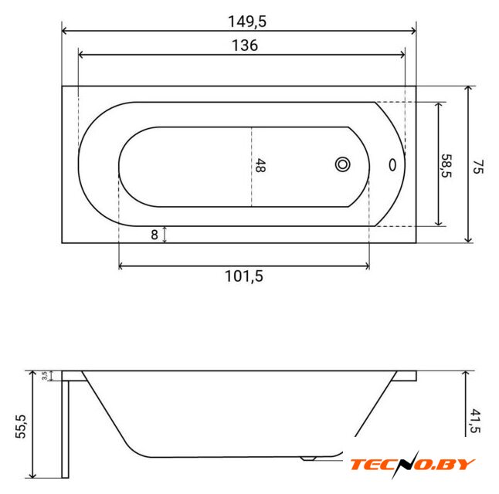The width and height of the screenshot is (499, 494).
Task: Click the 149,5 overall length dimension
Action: point(247,22)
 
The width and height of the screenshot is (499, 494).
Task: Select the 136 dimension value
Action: point(244,46)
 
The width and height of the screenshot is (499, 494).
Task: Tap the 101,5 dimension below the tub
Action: point(244,276)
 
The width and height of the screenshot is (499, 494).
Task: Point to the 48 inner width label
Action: point(260,165)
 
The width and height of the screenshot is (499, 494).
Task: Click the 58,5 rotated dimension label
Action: point(446,166)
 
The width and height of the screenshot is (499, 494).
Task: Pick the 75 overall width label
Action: point(477,167)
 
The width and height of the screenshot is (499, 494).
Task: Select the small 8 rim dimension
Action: point(154,235)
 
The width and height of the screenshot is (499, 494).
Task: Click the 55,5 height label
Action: point(21,426)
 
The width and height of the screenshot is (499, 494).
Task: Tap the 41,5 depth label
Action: point(475,421)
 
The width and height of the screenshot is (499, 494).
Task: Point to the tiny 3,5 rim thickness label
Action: point(45,376)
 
